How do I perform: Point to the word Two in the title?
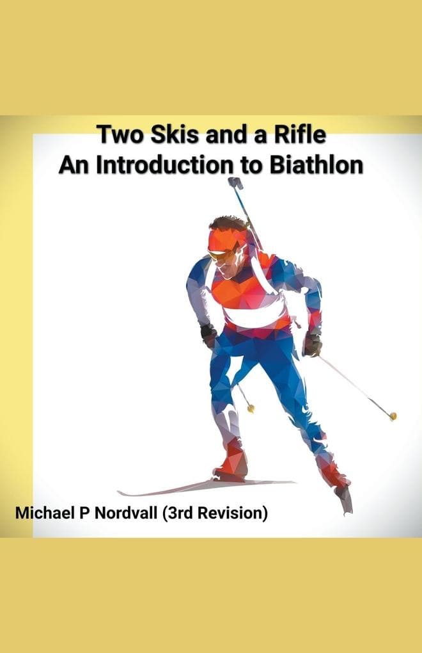coord(118,136)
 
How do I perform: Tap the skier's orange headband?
coord(226,239)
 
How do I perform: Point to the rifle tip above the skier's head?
coord(235,182)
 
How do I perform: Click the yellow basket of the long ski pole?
coord(393,416)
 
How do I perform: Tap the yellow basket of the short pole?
coord(251,408)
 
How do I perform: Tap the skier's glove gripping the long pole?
coord(312,344)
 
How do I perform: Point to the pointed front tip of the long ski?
coord(120,493)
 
